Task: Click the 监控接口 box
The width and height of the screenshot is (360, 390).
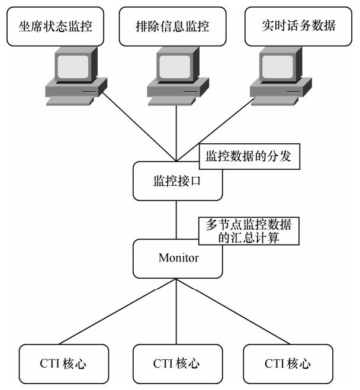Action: (x=177, y=181)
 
